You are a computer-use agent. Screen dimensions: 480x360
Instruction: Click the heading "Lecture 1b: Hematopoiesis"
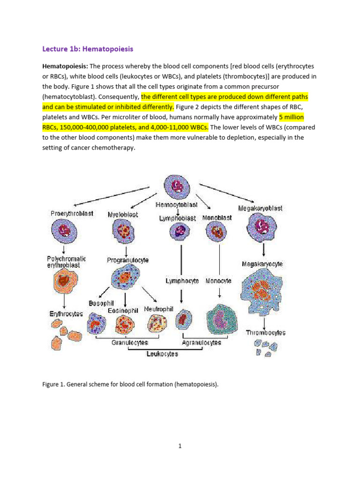coord(88,49)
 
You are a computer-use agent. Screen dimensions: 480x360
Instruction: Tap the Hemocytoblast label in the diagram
coord(176,204)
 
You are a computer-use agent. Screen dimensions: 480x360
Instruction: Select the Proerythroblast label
coord(72,213)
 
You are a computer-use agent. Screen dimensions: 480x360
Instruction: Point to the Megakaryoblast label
coord(260,208)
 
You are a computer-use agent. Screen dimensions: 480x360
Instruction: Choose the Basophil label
coord(101,303)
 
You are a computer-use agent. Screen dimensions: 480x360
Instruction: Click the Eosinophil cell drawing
coord(124,324)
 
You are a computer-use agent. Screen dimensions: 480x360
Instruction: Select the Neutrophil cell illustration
coord(157,323)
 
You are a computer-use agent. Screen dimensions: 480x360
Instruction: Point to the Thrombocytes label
coord(265,333)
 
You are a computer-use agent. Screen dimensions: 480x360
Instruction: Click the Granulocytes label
coord(130,343)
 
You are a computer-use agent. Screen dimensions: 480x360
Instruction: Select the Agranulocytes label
coord(202,343)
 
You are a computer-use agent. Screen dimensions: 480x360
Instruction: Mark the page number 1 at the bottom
coord(180,446)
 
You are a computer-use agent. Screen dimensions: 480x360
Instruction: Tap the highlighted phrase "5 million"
coord(292,117)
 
